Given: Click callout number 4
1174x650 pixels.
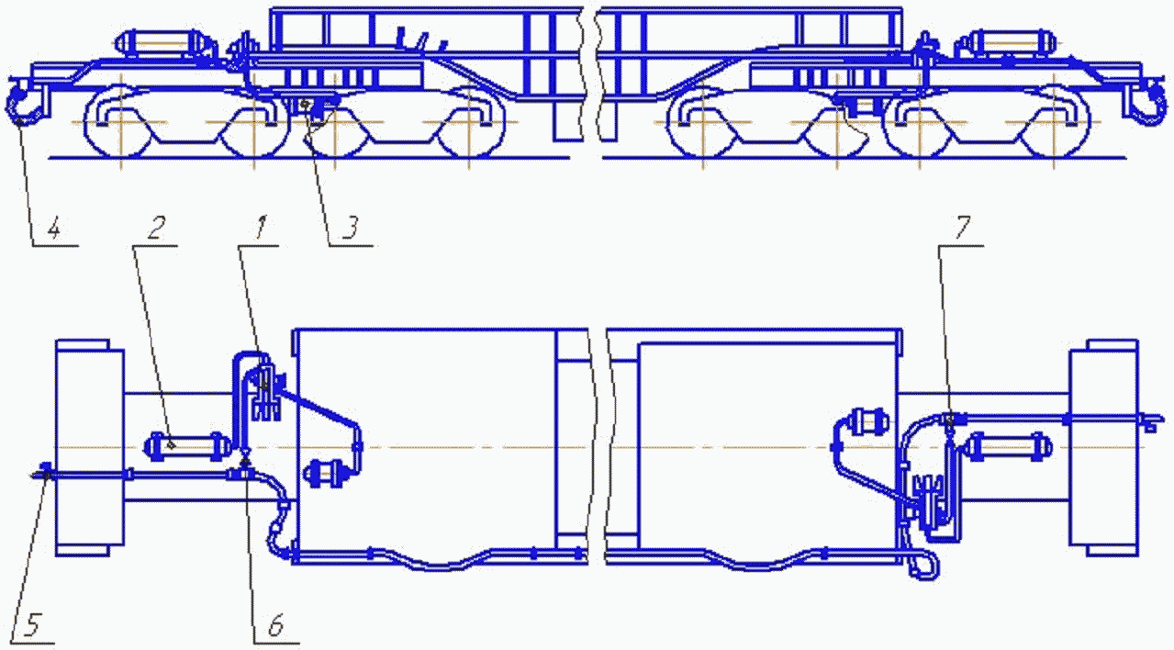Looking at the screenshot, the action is [x=54, y=230].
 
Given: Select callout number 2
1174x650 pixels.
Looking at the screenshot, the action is [x=156, y=227].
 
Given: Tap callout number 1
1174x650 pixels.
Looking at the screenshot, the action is [x=261, y=227].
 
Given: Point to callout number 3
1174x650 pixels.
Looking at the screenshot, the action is [x=351, y=228].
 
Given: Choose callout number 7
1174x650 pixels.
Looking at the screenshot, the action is [x=962, y=228].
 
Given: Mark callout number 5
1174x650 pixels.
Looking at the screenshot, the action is [x=31, y=625].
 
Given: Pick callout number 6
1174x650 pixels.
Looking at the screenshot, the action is [x=275, y=625].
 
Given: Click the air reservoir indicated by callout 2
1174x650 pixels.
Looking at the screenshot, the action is [x=187, y=446].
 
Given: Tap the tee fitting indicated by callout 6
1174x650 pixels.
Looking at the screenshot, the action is [x=245, y=472].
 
